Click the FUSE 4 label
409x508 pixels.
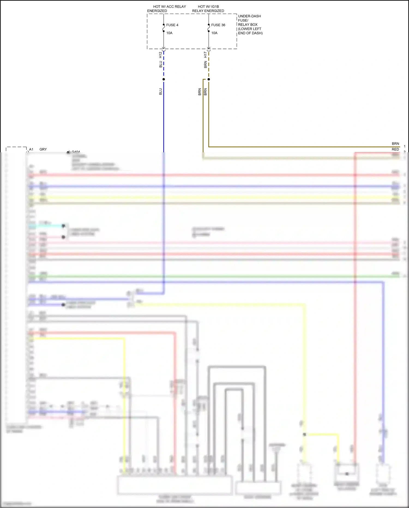pyautogui.click(x=172, y=25)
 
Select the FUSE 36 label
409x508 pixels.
pyautogui.click(x=218, y=25)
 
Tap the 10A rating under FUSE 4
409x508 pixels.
pyautogui.click(x=169, y=33)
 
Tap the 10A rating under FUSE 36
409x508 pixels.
pyautogui.click(x=214, y=33)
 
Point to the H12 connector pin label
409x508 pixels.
pyautogui.click(x=161, y=55)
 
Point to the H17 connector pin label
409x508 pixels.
pyautogui.click(x=206, y=55)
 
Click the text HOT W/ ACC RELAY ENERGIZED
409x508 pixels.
pyautogui.click(x=167, y=9)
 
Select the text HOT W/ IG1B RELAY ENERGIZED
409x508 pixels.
pyautogui.click(x=208, y=9)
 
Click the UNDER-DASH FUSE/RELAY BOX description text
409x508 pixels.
pyautogui.click(x=250, y=25)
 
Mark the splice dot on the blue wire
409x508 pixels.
pyautogui.click(x=164, y=79)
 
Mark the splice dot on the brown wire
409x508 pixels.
pyautogui.click(x=209, y=79)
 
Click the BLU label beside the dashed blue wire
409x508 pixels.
pyautogui.click(x=161, y=64)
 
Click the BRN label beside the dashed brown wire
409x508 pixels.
pyautogui.click(x=206, y=65)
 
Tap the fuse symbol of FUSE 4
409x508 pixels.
pyautogui.click(x=164, y=28)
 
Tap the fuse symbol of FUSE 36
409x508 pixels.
pyautogui.click(x=209, y=28)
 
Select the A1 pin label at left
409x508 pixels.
pyautogui.click(x=31, y=149)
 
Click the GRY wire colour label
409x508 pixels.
pyautogui.click(x=43, y=149)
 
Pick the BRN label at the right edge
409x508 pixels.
pyautogui.click(x=395, y=144)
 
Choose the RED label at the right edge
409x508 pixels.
pyautogui.click(x=395, y=149)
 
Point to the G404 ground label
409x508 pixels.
pyautogui.click(x=76, y=152)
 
